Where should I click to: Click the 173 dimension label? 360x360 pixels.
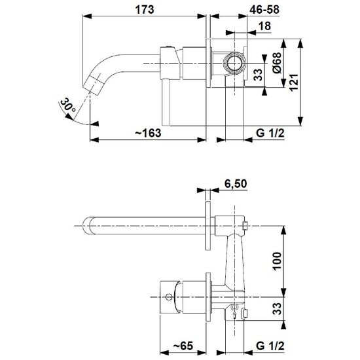145,10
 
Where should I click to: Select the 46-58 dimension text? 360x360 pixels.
264,10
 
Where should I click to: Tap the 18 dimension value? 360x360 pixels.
264,26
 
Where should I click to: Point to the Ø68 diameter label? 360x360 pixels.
277,63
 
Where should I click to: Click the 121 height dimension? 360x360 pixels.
294,82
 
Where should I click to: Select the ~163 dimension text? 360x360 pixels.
148,133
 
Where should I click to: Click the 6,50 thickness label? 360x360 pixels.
236,184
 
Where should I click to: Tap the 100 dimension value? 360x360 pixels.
277,261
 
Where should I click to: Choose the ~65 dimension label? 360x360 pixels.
183,346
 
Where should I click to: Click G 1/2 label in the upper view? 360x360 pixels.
270,133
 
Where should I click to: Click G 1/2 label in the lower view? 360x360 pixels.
270,346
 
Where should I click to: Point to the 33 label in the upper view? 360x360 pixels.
258,75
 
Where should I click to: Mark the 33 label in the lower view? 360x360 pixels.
277,308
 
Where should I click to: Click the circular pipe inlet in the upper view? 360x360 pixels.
234,63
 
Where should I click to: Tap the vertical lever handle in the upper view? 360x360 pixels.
166,102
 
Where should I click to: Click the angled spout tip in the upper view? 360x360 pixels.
92,84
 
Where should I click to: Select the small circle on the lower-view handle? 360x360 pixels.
169,297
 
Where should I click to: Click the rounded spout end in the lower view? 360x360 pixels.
87,226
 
